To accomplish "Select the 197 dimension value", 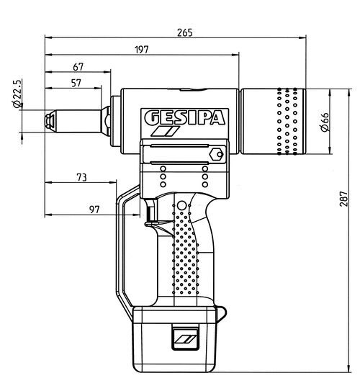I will point(141,49).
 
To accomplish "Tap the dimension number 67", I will point(78,67).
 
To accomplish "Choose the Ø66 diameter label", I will point(324,122).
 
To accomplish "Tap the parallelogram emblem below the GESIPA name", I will point(165,132).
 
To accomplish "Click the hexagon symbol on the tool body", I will point(215,153).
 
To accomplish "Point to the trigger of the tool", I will point(151,215).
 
